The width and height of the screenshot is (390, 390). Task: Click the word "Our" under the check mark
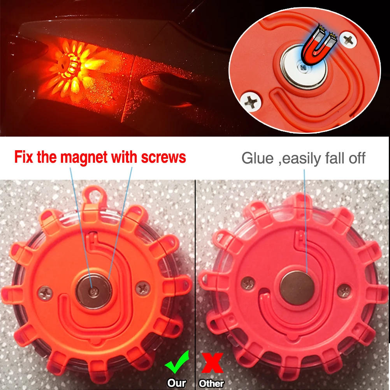click(177, 383)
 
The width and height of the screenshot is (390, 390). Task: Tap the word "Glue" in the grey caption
click(257, 158)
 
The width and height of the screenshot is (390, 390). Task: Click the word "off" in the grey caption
click(355, 158)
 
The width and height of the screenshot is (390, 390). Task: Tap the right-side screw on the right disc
click(344, 290)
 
